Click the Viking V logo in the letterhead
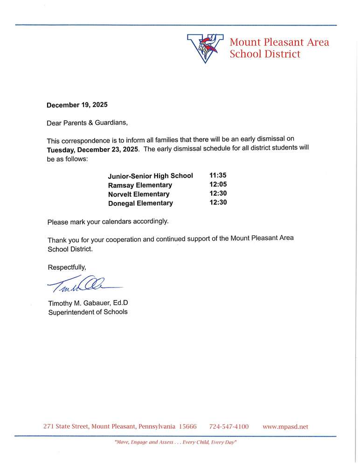coord(205,48)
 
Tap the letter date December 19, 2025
coord(77,105)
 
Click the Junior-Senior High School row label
coord(150,176)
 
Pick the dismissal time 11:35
coord(218,176)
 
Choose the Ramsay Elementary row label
coord(140,185)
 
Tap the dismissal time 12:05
coord(218,185)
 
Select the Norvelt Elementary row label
coord(138,194)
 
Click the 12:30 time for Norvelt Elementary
coord(218,193)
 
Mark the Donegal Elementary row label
coord(140,203)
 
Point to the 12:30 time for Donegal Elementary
coord(218,202)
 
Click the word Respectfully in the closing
coord(67,267)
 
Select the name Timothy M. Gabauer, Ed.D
coord(88,303)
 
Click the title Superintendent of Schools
coord(88,312)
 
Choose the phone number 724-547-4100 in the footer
coord(229,426)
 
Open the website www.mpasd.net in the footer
coord(285,426)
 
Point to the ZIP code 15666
coord(188,426)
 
